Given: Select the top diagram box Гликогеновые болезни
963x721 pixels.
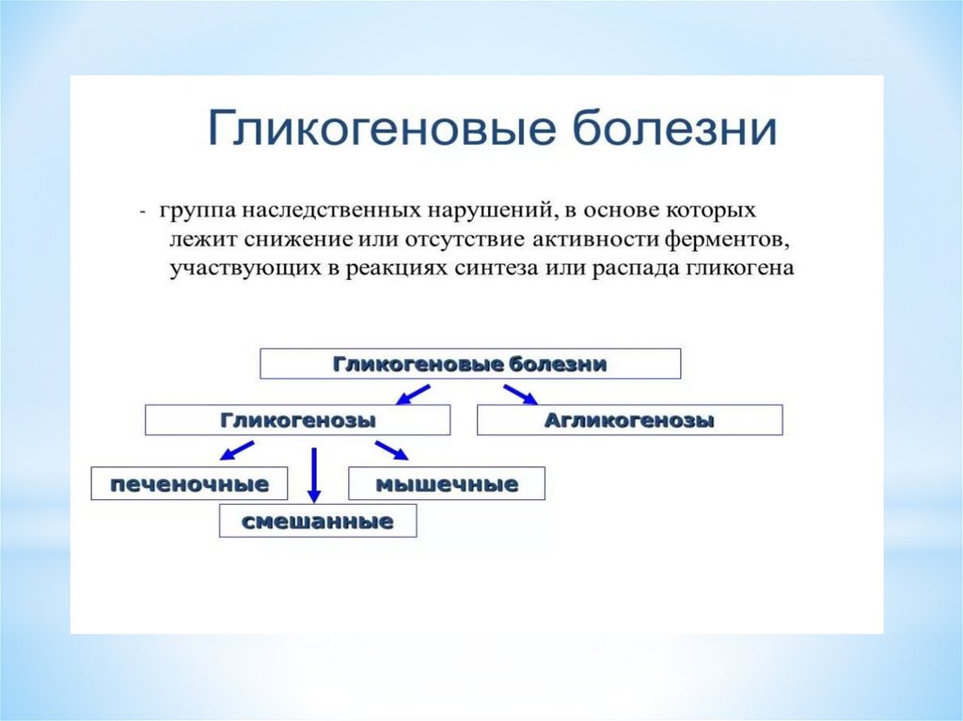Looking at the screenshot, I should tap(469, 364).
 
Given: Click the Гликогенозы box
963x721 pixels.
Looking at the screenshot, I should tap(298, 419).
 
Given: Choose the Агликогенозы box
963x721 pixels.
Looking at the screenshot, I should tap(629, 419).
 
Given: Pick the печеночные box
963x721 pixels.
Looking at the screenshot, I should tap(190, 484).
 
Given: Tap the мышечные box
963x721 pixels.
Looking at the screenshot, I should tap(447, 484).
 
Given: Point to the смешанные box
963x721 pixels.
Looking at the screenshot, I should tap(317, 520).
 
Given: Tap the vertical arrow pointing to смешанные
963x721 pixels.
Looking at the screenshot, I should tap(314, 475).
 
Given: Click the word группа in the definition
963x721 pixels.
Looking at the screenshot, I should tap(195, 209).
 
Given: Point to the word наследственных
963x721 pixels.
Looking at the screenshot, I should tap(317, 209).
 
